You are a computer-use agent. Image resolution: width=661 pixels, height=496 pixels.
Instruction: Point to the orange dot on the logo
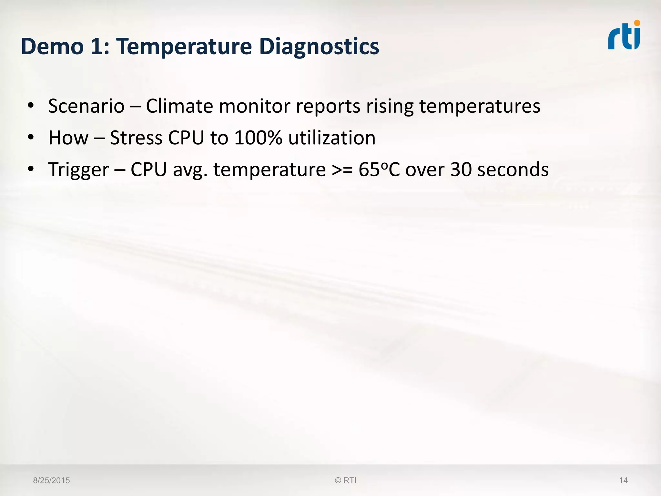tap(637, 23)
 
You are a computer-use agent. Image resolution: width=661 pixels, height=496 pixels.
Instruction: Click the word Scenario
tap(86, 106)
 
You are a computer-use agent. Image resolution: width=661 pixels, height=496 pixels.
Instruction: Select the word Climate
tap(179, 106)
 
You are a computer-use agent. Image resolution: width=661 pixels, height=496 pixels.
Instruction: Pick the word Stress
tap(136, 138)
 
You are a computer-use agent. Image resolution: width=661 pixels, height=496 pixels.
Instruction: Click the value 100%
tap(258, 138)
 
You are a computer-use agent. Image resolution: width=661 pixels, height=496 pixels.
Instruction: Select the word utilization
tap(332, 138)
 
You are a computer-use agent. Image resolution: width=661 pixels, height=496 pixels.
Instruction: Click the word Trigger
tap(78, 170)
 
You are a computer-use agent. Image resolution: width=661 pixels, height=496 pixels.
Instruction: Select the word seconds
tap(513, 170)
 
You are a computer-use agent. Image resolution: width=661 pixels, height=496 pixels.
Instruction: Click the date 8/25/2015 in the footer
tap(52, 480)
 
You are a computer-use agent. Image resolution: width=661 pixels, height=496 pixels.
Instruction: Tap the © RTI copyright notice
tap(346, 480)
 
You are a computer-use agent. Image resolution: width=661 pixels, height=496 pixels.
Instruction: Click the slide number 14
tap(623, 480)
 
